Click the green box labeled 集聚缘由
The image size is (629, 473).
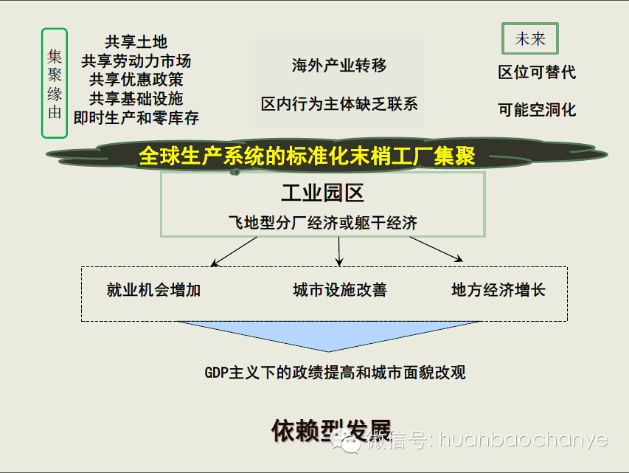tap(55, 83)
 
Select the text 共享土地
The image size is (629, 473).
tap(136, 42)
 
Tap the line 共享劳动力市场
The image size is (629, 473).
tap(136, 61)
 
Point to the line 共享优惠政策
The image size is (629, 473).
tap(136, 79)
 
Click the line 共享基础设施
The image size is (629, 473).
tap(136, 98)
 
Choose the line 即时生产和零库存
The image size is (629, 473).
tap(136, 117)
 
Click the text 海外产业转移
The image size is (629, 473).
tap(339, 66)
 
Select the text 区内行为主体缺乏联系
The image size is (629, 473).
tap(339, 104)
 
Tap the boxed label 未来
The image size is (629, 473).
tap(529, 39)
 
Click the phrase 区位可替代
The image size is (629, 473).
tap(537, 72)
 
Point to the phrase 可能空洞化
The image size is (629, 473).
tap(537, 110)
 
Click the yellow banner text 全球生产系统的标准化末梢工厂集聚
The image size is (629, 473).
tap(307, 156)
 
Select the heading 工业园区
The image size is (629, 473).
tap(322, 193)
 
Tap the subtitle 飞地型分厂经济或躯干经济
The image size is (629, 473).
tap(322, 222)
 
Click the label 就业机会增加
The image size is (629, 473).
tap(153, 290)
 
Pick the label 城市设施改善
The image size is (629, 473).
tap(339, 290)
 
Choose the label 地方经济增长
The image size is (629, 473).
tap(498, 290)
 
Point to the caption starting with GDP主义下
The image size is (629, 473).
tap(335, 372)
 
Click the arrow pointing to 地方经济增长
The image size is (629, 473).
tap(437, 249)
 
